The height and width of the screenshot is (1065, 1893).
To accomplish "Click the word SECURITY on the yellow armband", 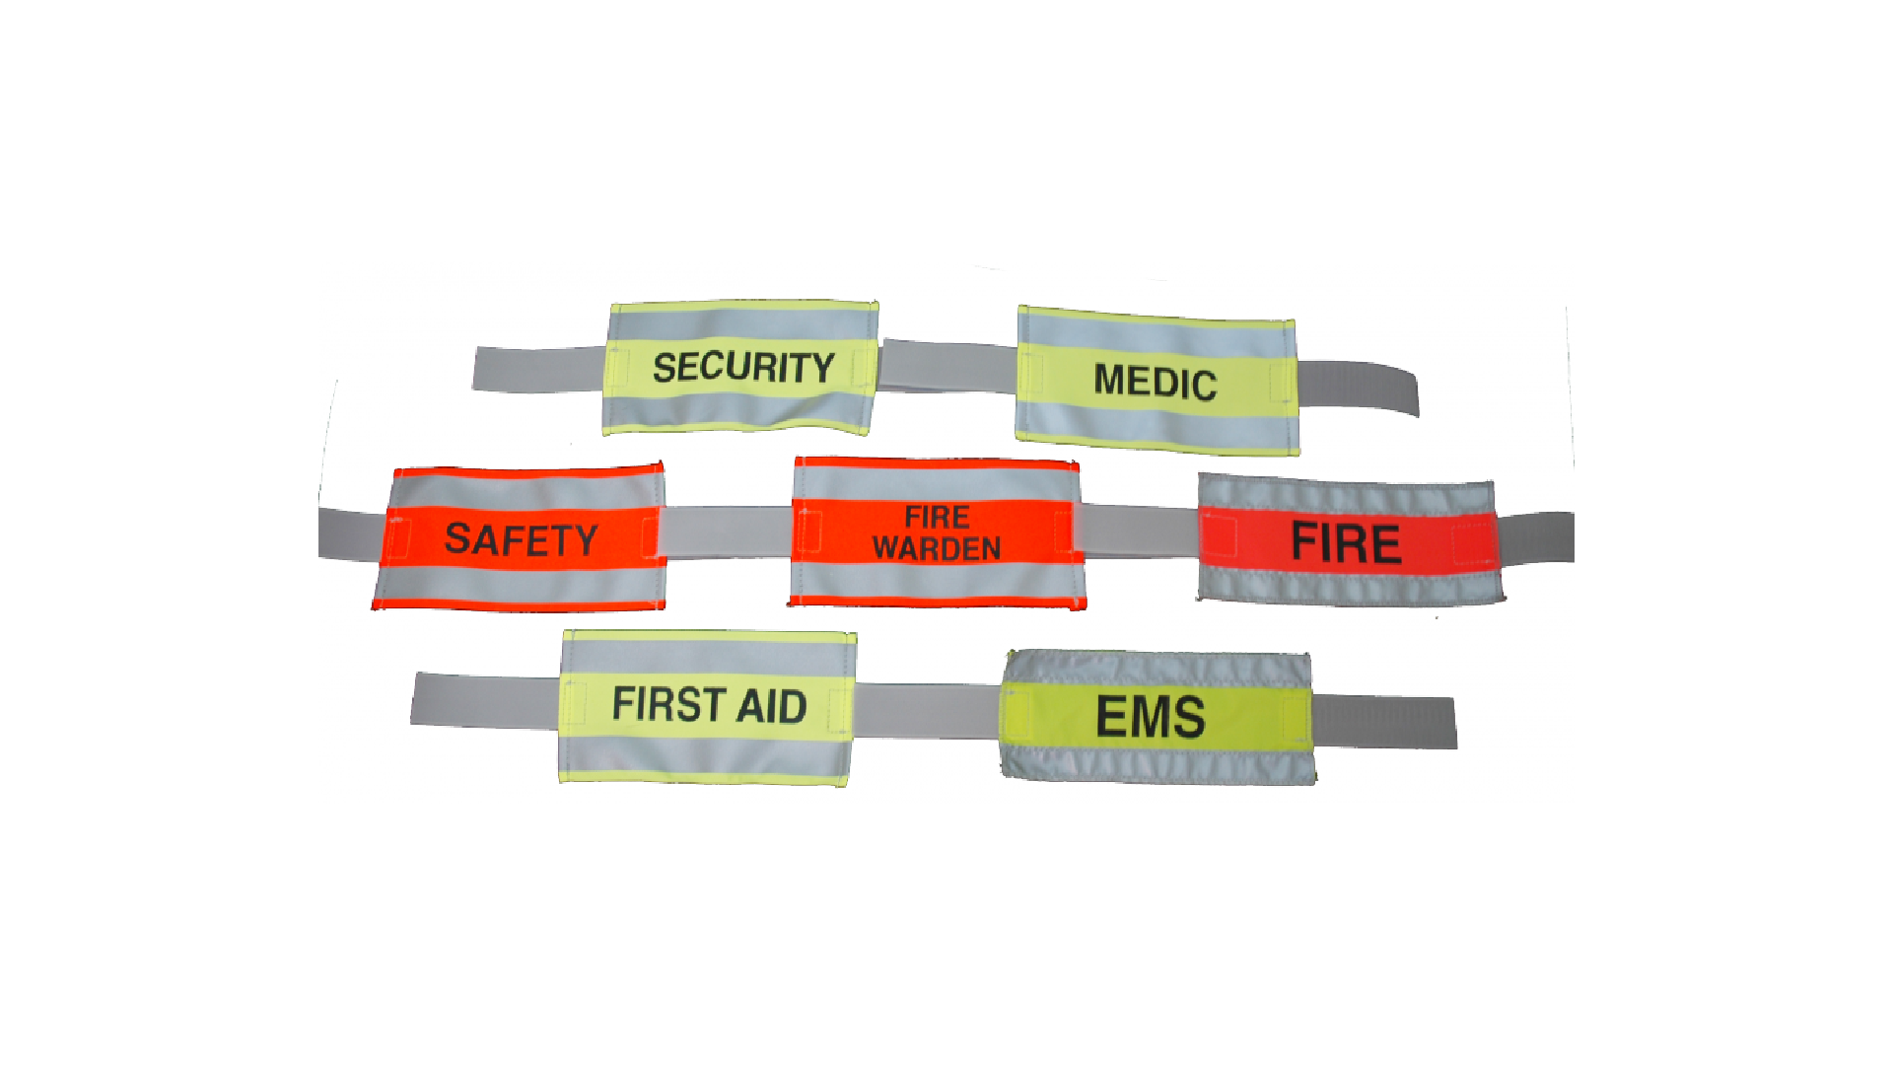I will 743,367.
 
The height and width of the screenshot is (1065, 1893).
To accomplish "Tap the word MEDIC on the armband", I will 1155,382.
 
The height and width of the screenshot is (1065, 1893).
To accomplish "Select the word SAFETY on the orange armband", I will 521,539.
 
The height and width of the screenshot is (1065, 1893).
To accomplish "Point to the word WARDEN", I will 936,549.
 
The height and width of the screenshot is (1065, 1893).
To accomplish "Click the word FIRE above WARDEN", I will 937,517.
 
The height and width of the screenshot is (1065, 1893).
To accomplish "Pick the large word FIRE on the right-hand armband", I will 1346,543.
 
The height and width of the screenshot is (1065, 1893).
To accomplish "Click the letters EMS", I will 1150,717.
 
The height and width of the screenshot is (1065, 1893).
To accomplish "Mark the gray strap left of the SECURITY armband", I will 537,369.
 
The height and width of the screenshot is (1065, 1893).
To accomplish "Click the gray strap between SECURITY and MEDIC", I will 946,366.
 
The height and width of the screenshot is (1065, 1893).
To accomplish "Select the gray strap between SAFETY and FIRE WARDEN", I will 728,532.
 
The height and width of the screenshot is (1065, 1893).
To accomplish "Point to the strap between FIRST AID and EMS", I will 927,711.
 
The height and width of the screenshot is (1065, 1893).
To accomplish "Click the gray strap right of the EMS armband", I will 1385,721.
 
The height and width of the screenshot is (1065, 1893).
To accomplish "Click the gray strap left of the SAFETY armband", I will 351,534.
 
